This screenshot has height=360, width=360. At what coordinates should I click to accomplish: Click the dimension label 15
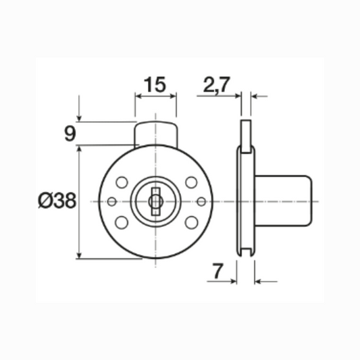pos(155,85)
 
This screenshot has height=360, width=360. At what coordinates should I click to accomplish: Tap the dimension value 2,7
pos(216,85)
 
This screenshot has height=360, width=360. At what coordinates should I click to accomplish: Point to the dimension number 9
pos(69,133)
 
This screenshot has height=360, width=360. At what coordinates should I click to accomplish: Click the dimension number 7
pos(217,272)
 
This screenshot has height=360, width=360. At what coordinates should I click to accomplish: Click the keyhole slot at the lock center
pos(156,201)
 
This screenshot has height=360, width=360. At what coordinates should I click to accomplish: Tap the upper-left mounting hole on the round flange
pos(122,182)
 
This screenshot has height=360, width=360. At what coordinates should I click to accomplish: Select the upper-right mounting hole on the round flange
pos(191,182)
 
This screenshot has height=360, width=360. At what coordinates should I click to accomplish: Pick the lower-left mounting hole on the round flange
pos(122,221)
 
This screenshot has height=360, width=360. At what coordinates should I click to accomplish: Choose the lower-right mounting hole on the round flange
pos(191,221)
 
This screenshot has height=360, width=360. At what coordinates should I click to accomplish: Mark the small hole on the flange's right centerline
pos(201,201)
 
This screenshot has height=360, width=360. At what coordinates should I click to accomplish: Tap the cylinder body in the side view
pos(284,201)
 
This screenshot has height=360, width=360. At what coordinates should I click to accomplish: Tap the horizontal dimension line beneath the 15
pos(156,95)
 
